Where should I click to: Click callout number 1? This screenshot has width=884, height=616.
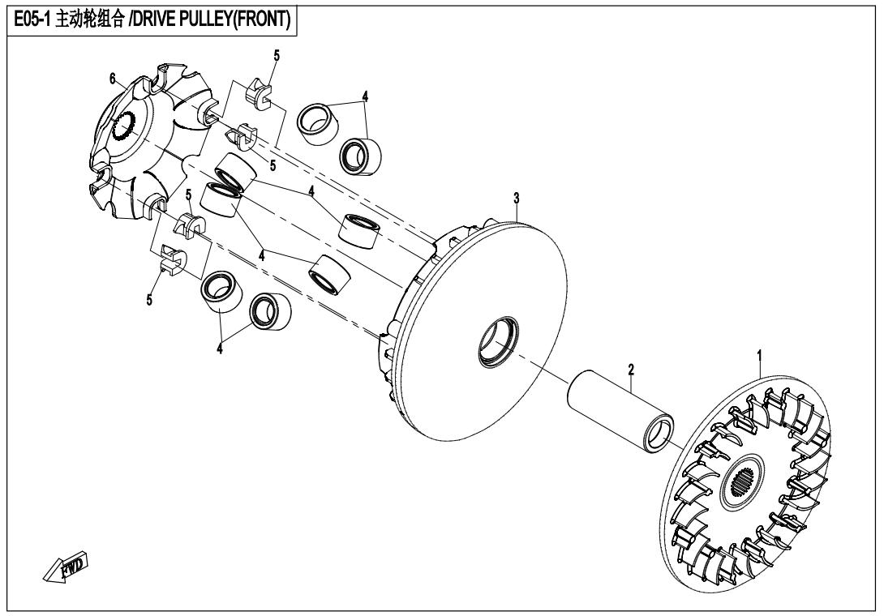759,356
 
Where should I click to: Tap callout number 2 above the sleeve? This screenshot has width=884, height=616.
632,370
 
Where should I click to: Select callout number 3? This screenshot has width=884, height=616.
517,199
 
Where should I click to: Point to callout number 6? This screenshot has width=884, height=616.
113,79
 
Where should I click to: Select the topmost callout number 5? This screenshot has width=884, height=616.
277,55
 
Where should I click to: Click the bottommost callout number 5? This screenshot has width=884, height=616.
149,300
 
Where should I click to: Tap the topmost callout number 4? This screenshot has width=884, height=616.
365,96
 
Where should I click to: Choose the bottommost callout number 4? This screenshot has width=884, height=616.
219,349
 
